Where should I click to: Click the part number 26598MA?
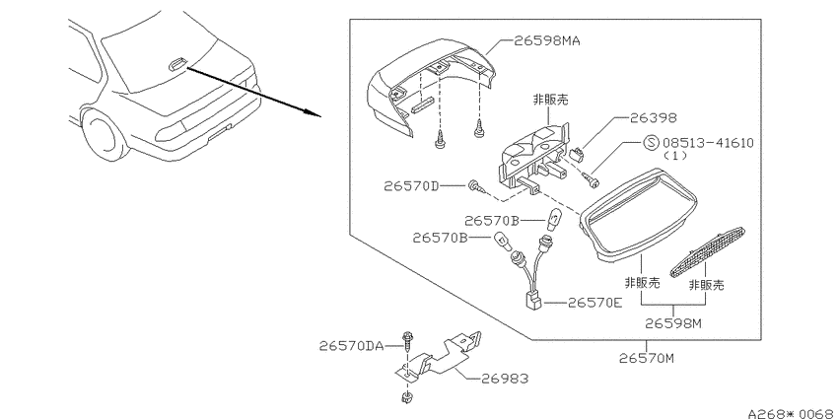547,40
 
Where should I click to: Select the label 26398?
653,117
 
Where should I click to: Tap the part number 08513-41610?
708,143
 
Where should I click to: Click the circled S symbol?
651,143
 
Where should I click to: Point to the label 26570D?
411,186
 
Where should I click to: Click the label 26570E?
595,303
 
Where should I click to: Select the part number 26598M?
672,323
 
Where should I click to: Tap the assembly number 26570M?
647,358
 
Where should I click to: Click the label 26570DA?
352,346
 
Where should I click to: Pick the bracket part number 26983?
505,379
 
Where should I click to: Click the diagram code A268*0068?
792,413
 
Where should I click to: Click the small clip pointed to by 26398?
577,155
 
